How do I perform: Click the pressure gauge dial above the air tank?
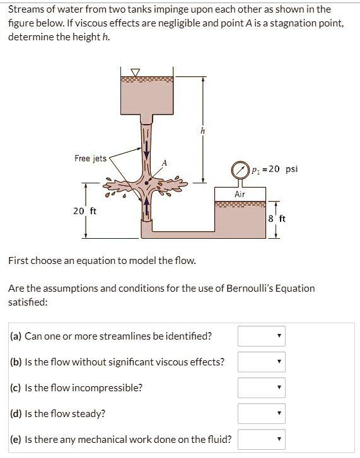(240, 169)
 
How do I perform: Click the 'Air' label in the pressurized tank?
(240, 194)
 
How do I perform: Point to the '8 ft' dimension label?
(276, 219)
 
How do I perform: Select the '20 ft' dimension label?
(84, 211)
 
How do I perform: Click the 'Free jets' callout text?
(90, 158)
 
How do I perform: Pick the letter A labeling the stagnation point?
(164, 163)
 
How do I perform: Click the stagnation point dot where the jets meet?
(147, 183)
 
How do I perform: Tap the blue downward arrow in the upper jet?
(147, 149)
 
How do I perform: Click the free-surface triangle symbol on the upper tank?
(136, 72)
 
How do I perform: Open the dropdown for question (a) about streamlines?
(262, 336)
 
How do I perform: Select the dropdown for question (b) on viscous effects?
(262, 362)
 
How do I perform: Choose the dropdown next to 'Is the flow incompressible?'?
(262, 387)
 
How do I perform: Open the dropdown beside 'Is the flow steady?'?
(262, 413)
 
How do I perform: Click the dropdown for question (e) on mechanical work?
(262, 439)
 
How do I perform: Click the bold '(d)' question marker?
(16, 414)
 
